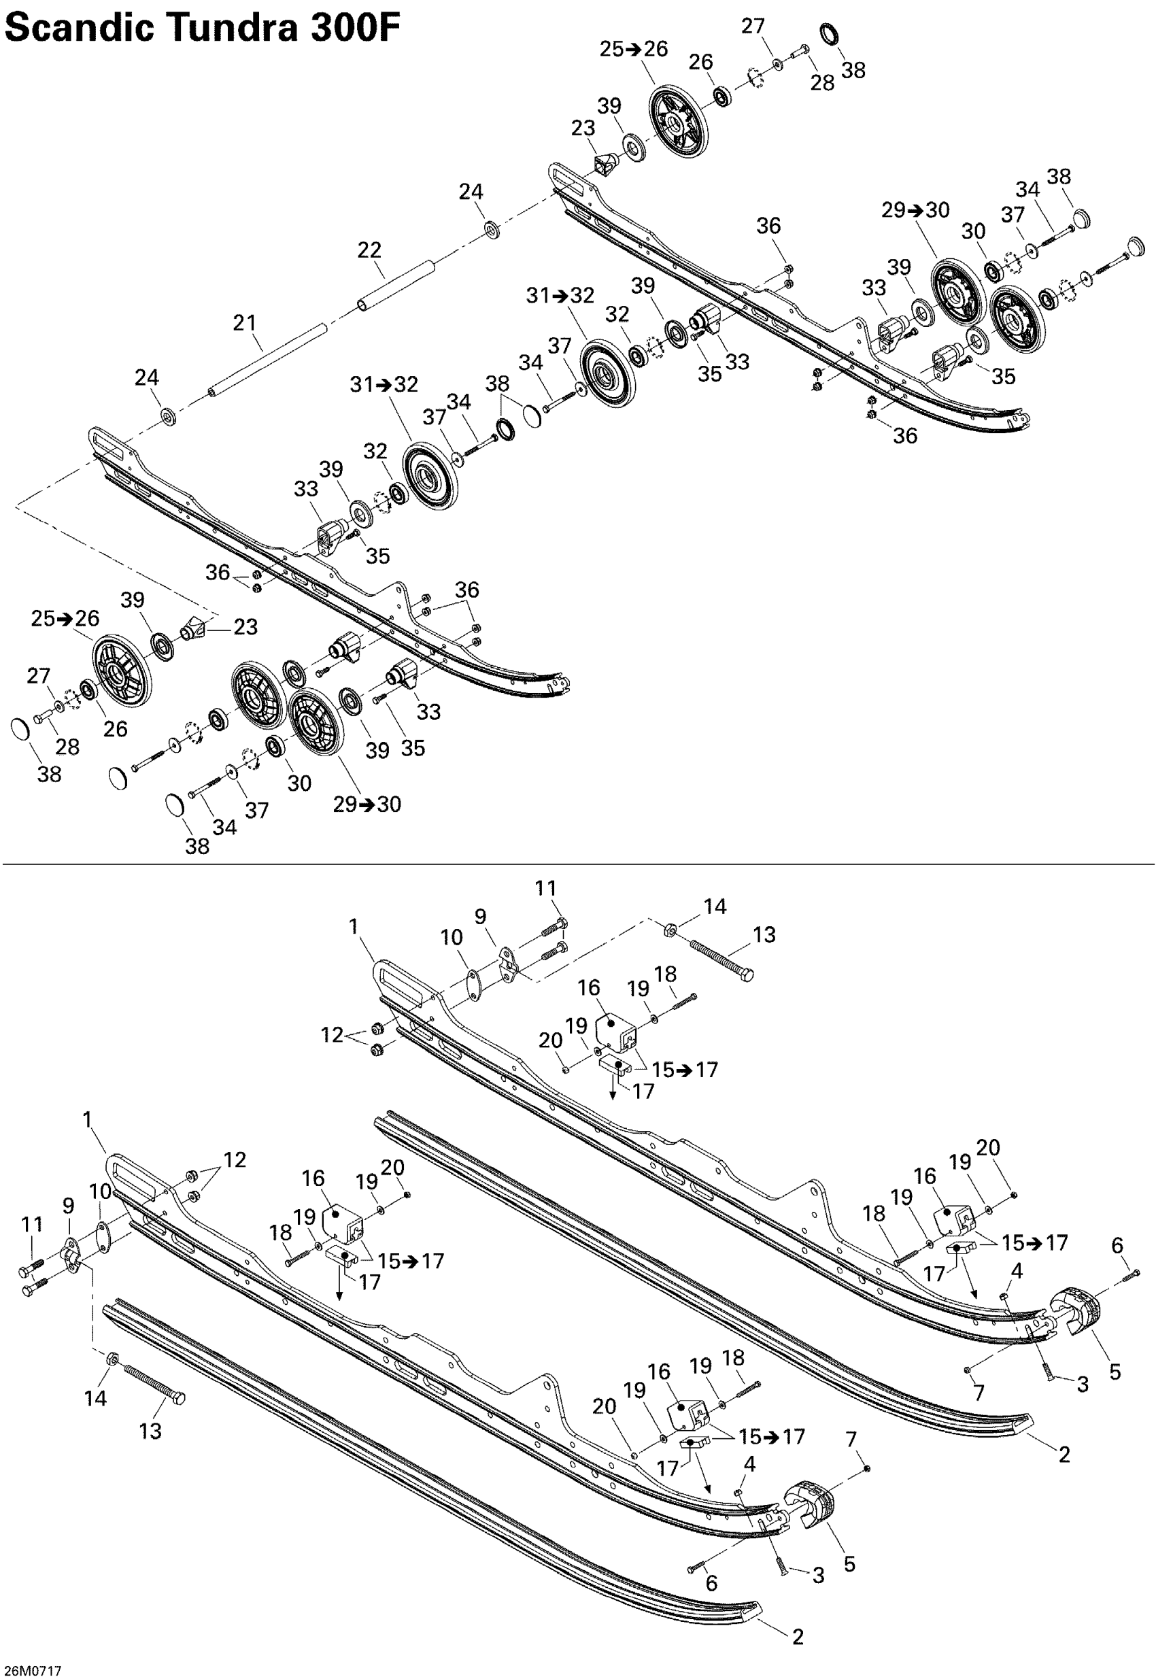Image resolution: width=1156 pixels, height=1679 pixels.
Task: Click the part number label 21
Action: click(x=244, y=322)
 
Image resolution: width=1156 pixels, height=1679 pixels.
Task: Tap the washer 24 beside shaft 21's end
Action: click(x=169, y=418)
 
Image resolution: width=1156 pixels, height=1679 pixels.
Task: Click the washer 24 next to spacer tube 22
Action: click(x=492, y=231)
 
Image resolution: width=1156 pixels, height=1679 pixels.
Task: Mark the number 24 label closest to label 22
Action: click(x=471, y=192)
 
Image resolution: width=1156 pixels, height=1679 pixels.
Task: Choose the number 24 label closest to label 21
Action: click(x=146, y=377)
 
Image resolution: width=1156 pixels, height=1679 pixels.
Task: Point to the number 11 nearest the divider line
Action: click(x=545, y=888)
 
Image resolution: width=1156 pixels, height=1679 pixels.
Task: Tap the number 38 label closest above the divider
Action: click(x=197, y=845)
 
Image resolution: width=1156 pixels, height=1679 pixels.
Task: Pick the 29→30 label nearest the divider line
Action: click(x=367, y=804)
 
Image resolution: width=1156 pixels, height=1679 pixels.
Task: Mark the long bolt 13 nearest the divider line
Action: click(x=721, y=957)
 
